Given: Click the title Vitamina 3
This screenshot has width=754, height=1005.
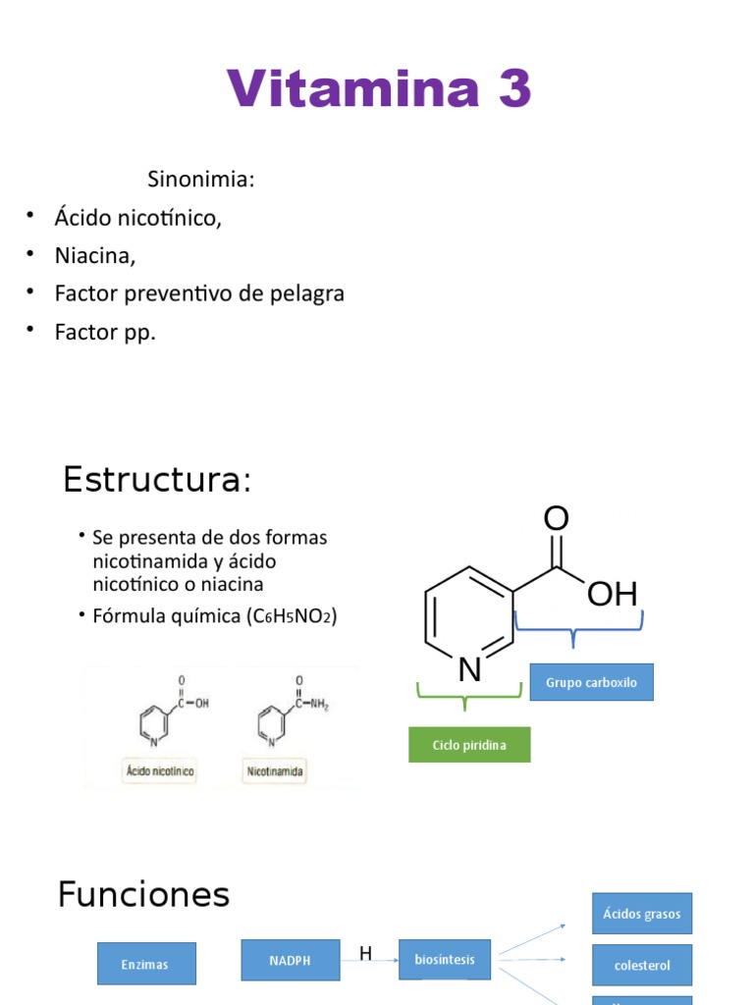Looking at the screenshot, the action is tap(379, 89).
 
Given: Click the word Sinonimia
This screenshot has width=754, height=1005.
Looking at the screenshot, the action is tap(200, 180).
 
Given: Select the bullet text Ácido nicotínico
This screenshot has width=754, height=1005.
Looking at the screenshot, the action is tap(137, 218).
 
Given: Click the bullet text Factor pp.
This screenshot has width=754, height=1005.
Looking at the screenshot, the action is tap(105, 332).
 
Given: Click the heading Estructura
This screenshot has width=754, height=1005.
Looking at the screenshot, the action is tap(157, 480).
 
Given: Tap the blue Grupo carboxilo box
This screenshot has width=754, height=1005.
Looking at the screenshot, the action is tap(591, 682).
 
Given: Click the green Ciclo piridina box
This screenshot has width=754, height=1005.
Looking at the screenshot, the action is tap(469, 745).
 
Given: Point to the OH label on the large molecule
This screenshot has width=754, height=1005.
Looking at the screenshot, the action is tap(612, 594).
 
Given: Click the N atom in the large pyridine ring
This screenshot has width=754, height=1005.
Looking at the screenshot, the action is tap(470, 669).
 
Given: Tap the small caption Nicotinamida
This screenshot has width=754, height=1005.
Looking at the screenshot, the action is tap(275, 772).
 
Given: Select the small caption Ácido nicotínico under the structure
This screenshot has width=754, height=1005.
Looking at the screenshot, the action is tap(157, 772).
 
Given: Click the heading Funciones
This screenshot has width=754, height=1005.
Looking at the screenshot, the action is tap(143, 894).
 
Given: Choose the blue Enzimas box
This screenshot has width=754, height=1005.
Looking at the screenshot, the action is tap(146, 964).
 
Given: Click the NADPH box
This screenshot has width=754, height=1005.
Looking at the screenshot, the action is tap(291, 960).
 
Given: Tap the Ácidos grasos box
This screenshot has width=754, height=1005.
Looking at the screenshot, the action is tap(642, 914).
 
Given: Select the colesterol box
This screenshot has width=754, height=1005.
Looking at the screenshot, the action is tap(642, 965).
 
